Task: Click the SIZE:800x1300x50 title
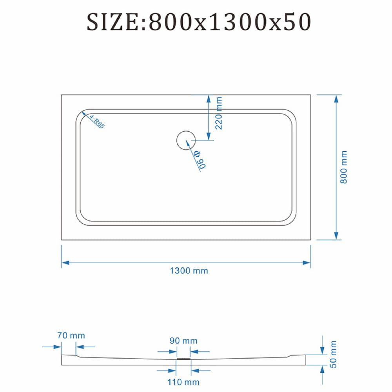point(199,22)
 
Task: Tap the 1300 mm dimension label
point(189,271)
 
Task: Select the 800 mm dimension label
point(344,167)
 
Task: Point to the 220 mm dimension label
point(218,113)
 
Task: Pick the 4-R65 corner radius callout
point(97,122)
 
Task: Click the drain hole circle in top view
point(186,140)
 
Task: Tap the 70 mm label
point(71,336)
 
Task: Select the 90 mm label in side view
point(183,341)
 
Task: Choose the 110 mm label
point(183,382)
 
